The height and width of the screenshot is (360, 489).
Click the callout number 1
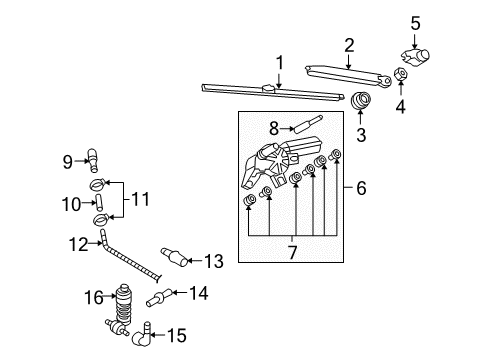pos(280,63)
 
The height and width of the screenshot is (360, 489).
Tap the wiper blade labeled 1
pos(273,92)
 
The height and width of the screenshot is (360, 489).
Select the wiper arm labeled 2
pos(348,76)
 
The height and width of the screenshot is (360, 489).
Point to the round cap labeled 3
pos(361,100)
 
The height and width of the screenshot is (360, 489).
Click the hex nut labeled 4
pos(400,75)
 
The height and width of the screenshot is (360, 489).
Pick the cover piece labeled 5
pos(415,57)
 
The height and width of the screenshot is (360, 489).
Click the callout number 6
pos(361,188)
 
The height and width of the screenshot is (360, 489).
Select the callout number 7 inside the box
pos(292,252)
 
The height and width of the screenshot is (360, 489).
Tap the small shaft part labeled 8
pos(307,124)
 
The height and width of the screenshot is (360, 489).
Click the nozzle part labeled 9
pos(93,161)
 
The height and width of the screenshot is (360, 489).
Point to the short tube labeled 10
pos(99,202)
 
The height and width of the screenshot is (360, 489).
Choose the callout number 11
pos(140,199)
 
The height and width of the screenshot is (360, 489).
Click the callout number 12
pos(78,244)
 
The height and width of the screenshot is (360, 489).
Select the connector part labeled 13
pos(174,258)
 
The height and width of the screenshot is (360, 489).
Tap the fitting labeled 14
pos(159,298)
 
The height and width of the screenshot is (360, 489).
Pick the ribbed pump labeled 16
pos(123,304)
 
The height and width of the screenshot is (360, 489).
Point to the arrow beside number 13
pos(195,260)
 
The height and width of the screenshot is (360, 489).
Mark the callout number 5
pos(415,23)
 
